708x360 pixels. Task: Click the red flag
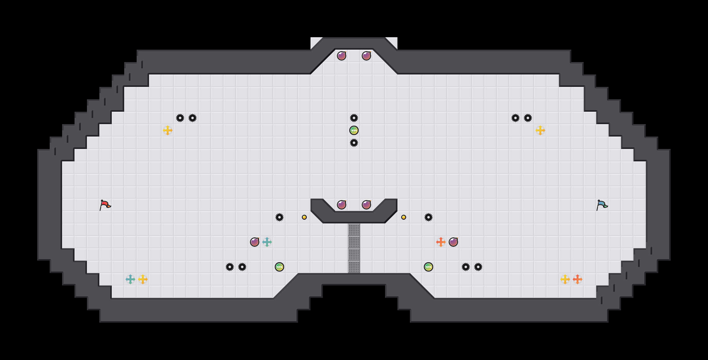tap(105, 205)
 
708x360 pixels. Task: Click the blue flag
tap(602, 205)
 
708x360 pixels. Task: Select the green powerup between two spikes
tap(354, 130)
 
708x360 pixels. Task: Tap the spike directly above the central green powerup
tap(354, 118)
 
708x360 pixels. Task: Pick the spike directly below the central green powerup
tap(354, 143)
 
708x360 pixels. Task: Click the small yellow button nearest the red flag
tap(304, 217)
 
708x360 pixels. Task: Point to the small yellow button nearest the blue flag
tap(404, 217)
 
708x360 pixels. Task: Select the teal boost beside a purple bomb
tap(267, 242)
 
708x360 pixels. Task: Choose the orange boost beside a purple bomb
tap(441, 242)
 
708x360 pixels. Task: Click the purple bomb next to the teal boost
tap(255, 242)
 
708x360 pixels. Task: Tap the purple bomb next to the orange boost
tap(453, 242)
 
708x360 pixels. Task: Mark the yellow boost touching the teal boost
tap(143, 279)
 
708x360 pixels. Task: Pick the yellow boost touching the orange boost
tap(565, 279)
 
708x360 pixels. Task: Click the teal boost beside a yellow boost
tap(130, 279)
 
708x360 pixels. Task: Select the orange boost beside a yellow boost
tap(578, 279)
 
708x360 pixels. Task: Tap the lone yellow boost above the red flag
tap(168, 130)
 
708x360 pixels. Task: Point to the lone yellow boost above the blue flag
tap(540, 130)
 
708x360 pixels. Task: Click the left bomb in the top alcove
tap(342, 56)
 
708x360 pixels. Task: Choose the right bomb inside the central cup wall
tap(366, 205)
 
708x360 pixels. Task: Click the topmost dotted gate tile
tap(354, 230)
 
